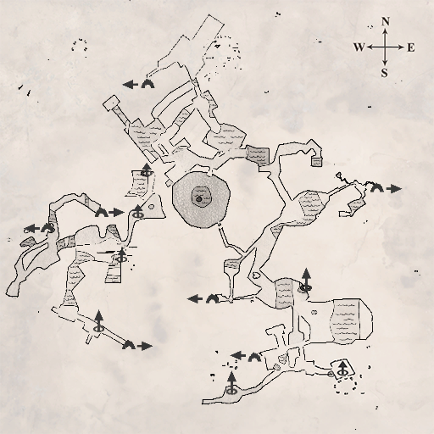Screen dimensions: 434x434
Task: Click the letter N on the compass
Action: pyautogui.click(x=386, y=22)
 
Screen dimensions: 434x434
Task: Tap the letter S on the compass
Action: pyautogui.click(x=384, y=73)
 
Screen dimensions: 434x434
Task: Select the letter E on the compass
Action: pyautogui.click(x=411, y=47)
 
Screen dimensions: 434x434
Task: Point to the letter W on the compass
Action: pyautogui.click(x=359, y=47)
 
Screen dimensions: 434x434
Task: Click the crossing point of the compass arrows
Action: pyautogui.click(x=385, y=47)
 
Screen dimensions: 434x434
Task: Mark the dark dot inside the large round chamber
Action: pyautogui.click(x=198, y=199)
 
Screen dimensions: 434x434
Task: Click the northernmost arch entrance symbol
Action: pyautogui.click(x=148, y=84)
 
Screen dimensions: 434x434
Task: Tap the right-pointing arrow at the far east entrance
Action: pyautogui.click(x=394, y=188)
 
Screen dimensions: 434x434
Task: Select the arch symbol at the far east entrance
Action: pyautogui.click(x=377, y=188)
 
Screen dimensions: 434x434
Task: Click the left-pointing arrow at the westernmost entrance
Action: pyautogui.click(x=32, y=229)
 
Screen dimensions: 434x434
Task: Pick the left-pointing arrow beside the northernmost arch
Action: pyautogui.click(x=131, y=84)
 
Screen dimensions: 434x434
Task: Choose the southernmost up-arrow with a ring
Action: pyautogui.click(x=231, y=383)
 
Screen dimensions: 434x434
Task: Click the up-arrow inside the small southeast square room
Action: pyautogui.click(x=342, y=368)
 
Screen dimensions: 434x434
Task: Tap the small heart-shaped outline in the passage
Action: pyautogui.click(x=256, y=275)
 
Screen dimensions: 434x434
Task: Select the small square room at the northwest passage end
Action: pyautogui.click(x=112, y=103)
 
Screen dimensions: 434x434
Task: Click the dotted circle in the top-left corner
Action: pyautogui.click(x=80, y=46)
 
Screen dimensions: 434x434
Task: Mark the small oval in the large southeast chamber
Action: pyautogui.click(x=314, y=312)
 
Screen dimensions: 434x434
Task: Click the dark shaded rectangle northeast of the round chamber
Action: pyautogui.click(x=258, y=156)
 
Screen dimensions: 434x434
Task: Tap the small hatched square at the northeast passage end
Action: pyautogui.click(x=317, y=162)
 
